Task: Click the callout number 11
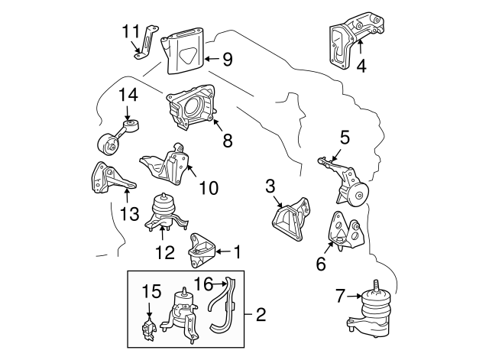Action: tap(131, 31)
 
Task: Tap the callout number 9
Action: tap(227, 57)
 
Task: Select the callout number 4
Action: tap(361, 66)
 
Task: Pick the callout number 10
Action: tap(209, 186)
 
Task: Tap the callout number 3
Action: tap(270, 186)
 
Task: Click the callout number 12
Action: tap(162, 251)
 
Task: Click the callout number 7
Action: tap(340, 292)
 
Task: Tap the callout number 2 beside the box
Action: tap(261, 313)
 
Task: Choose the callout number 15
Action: tap(151, 291)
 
